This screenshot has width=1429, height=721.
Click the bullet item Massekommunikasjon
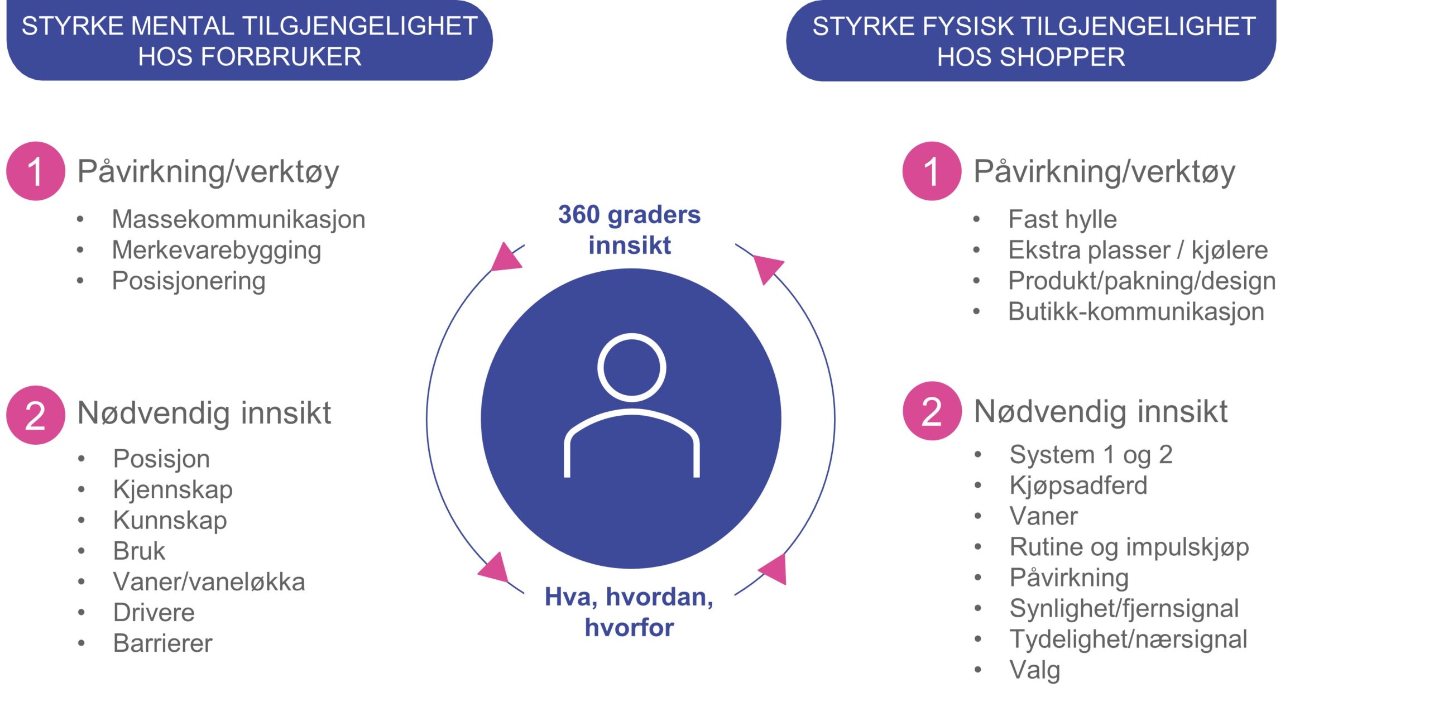click(x=238, y=219)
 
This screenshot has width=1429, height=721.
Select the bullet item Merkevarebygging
click(x=217, y=250)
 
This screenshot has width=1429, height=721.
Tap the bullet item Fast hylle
click(x=1062, y=219)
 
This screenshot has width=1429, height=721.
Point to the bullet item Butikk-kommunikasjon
click(x=1136, y=311)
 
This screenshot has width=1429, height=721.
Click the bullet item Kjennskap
click(x=172, y=489)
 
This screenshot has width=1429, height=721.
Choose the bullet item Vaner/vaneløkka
click(x=209, y=581)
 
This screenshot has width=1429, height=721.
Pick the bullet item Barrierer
click(x=162, y=643)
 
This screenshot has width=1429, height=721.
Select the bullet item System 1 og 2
click(x=1091, y=455)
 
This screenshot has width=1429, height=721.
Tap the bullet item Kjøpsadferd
click(x=1078, y=486)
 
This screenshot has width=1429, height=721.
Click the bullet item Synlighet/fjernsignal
click(x=1124, y=608)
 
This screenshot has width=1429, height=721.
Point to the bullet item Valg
click(x=1035, y=670)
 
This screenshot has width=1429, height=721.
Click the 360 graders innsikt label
click(x=630, y=230)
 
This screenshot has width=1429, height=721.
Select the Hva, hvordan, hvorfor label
click(x=629, y=612)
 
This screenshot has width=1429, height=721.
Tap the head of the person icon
click(x=631, y=368)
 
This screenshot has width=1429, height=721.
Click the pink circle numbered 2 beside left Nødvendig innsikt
click(x=36, y=415)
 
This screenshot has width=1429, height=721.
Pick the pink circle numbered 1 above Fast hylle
click(x=932, y=171)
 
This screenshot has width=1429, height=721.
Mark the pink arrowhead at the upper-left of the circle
click(x=506, y=258)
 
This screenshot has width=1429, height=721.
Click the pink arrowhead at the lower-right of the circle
click(x=774, y=569)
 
